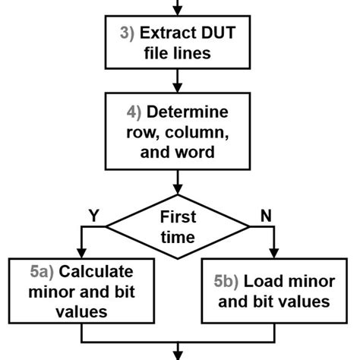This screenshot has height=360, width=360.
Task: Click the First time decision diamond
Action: (178, 226)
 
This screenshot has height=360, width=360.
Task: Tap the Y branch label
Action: (94, 216)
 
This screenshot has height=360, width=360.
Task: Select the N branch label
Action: (266, 216)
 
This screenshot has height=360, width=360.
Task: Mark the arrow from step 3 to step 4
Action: (178, 78)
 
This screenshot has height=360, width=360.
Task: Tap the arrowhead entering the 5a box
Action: (81, 252)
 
